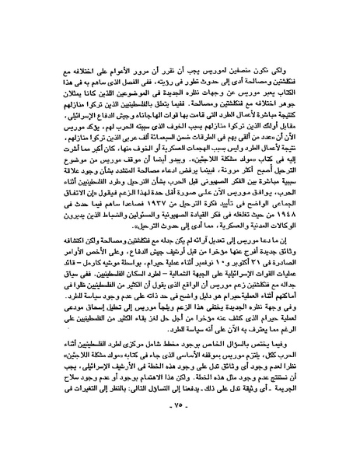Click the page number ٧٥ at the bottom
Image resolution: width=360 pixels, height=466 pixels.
[180, 449]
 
